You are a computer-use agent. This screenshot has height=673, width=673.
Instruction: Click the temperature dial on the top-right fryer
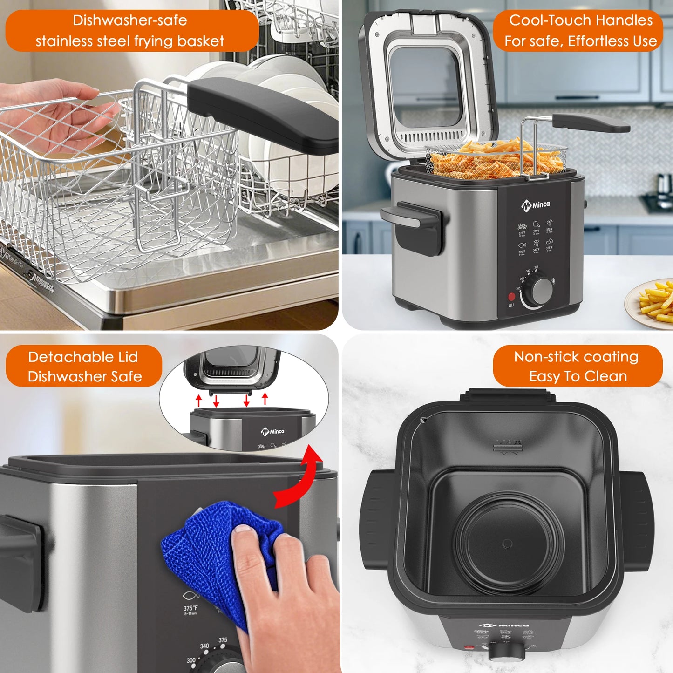point(540,292)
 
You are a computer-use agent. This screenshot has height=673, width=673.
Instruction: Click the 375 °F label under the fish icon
point(190,608)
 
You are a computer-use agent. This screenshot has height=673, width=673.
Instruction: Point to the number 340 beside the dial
point(204,646)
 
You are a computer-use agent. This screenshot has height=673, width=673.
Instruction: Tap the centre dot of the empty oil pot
point(507,544)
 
